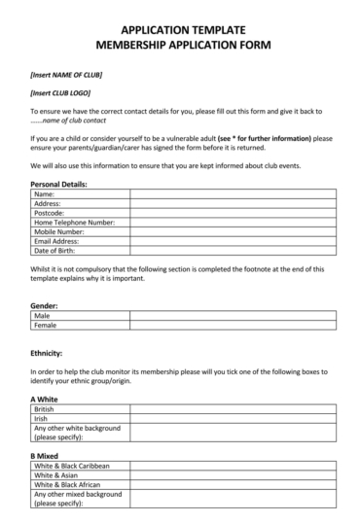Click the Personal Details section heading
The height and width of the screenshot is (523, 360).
58,184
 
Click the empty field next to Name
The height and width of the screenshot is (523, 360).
233,193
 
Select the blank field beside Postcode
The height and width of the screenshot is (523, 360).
233,212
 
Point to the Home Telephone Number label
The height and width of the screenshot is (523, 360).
74,222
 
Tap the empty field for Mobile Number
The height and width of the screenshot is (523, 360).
233,231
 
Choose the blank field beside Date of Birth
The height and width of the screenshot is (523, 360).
233,250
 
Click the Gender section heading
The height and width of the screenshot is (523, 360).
45,305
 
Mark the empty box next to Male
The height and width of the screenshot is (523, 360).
233,315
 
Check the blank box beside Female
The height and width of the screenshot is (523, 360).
233,325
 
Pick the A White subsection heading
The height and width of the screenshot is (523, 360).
45,400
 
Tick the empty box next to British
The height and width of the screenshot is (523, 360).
233,409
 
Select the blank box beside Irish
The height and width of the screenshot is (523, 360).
233,418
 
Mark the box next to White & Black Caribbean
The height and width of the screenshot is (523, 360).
233,466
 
